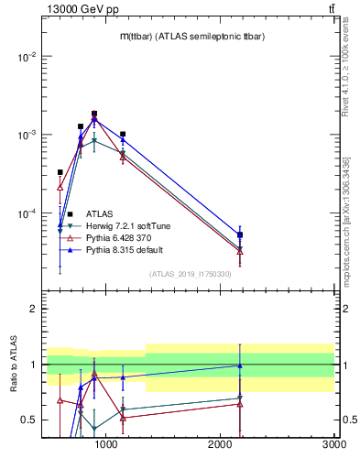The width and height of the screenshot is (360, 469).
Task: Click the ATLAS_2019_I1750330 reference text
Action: coord(190,274)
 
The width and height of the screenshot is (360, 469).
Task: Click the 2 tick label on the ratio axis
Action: coord(32,310)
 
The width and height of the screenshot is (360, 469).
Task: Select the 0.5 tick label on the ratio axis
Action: coord(28,420)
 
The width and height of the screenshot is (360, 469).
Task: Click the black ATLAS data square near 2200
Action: coord(240,235)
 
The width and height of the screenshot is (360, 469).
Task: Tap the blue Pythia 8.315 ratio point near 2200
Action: coord(240,365)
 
